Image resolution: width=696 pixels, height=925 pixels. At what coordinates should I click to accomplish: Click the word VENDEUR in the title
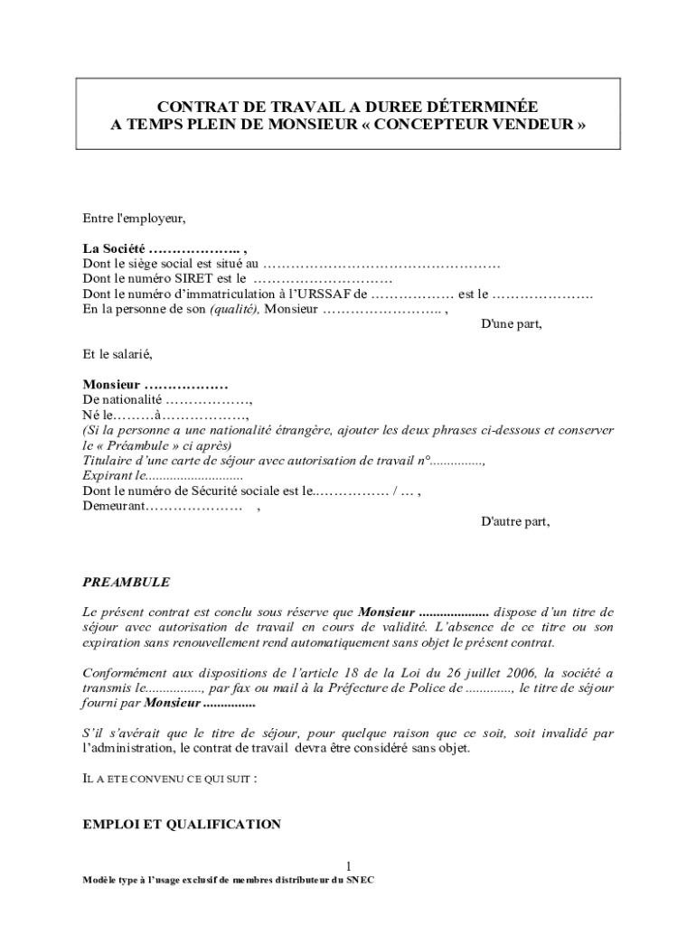click(537, 125)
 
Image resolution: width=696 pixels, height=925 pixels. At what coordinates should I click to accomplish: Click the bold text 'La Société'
click(114, 248)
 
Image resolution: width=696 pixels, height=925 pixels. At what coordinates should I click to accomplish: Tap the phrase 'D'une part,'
click(511, 324)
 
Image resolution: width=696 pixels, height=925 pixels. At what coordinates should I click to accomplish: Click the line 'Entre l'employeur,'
click(134, 218)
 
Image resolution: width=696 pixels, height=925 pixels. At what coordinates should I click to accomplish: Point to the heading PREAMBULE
click(126, 583)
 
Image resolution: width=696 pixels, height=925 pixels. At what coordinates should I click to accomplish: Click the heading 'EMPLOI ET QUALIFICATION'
click(182, 824)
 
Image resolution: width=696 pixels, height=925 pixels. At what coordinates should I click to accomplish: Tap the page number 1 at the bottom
click(348, 864)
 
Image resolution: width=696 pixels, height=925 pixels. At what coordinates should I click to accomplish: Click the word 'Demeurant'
click(114, 506)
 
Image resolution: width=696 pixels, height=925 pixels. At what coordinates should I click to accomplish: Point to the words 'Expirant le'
click(113, 475)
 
